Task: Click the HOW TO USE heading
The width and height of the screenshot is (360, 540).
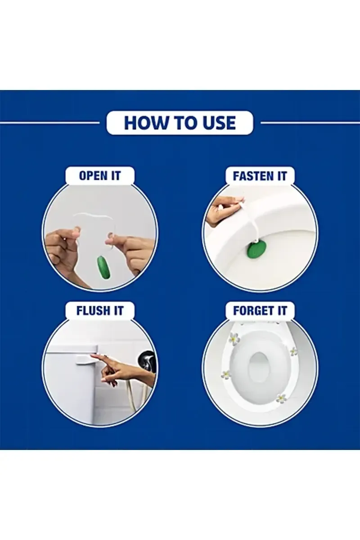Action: [x=180, y=123]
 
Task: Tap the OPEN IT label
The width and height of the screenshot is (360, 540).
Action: [x=100, y=175]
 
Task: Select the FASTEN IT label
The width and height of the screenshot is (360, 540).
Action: [x=260, y=176]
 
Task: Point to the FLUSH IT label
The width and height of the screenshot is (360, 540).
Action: [x=100, y=311]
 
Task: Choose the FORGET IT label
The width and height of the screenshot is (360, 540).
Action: [x=260, y=311]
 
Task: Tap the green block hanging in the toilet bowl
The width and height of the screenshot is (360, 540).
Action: [x=256, y=251]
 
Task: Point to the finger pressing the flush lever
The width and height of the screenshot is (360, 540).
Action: [x=96, y=355]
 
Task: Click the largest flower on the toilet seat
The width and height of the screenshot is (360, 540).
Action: [x=234, y=338]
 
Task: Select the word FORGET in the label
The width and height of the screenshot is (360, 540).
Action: [x=253, y=311]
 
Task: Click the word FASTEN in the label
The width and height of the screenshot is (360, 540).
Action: [x=252, y=176]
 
